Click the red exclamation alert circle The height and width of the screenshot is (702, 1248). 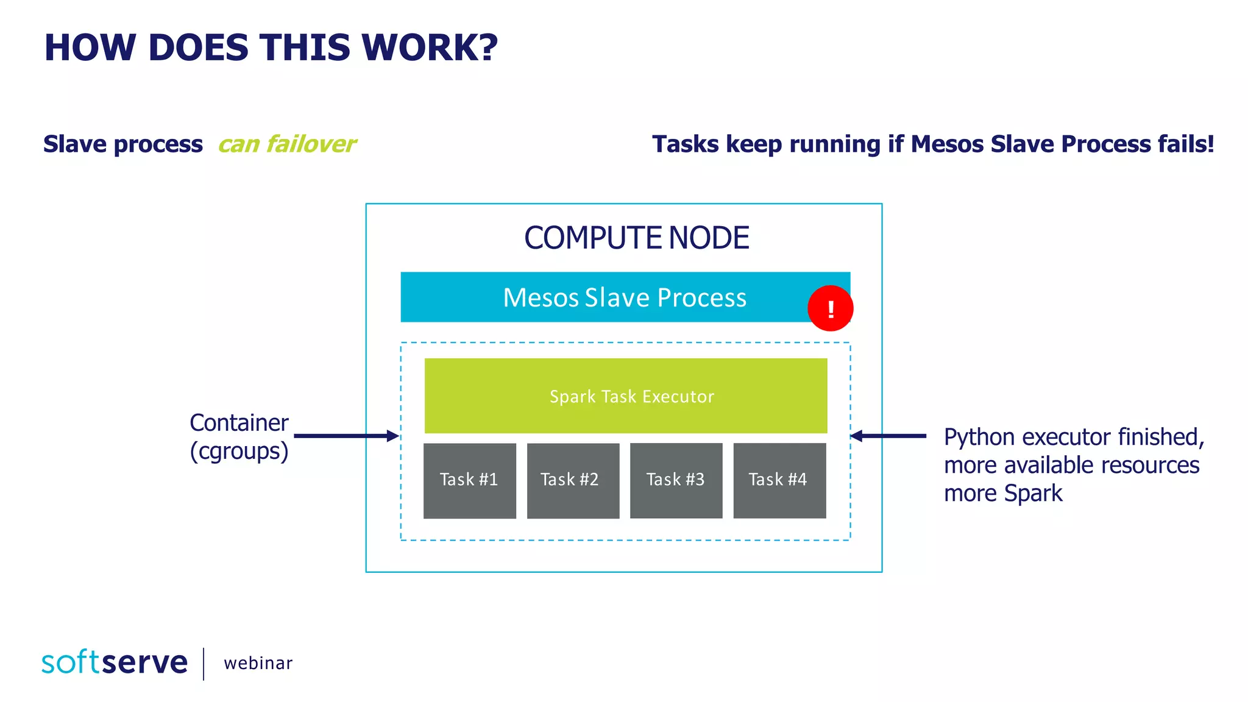tap(830, 308)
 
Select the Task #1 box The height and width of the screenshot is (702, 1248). tap(470, 480)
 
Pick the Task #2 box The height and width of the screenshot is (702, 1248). tap(573, 480)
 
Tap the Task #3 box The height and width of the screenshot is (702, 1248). tap(676, 480)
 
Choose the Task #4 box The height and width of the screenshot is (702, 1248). tap(779, 480)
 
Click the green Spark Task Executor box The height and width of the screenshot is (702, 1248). tap(626, 396)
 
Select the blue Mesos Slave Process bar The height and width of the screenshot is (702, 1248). tap(609, 297)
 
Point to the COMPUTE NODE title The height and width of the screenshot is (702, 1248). tap(636, 238)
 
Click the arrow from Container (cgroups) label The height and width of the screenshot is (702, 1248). tap(346, 436)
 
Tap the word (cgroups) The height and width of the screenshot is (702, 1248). tap(239, 452)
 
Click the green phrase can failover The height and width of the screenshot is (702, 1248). tap(287, 144)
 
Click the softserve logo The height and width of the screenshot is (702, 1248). tap(115, 662)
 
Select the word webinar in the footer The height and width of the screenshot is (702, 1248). tap(258, 663)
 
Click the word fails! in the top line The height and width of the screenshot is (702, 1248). tap(1186, 144)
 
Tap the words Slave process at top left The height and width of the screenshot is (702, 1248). tap(123, 144)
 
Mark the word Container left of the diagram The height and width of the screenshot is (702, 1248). tap(239, 422)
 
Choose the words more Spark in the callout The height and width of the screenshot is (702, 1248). tap(1003, 493)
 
